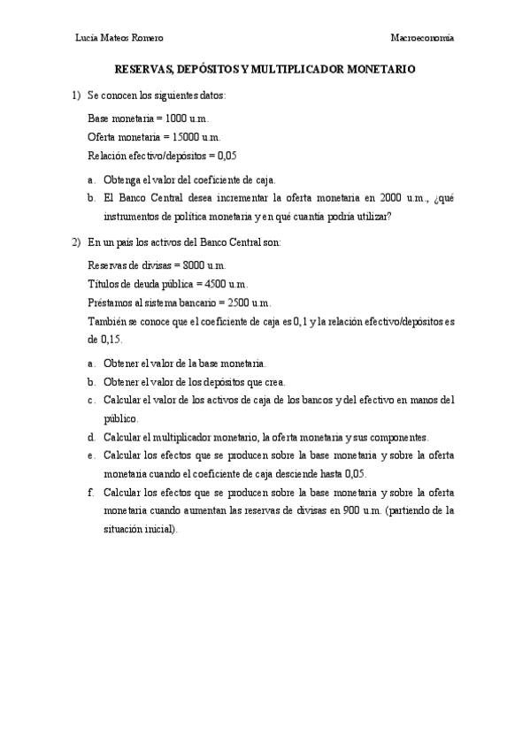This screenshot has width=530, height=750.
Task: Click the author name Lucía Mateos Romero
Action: click(x=120, y=37)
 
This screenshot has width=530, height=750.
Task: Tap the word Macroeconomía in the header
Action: click(x=423, y=37)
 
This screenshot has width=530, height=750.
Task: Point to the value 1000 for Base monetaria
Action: click(x=177, y=119)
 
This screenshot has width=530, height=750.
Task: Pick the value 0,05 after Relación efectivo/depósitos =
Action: click(x=227, y=156)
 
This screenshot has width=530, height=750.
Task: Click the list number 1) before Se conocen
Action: click(x=75, y=95)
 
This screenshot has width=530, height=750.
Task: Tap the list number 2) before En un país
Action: click(x=75, y=241)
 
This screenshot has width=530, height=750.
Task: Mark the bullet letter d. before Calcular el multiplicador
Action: click(x=92, y=437)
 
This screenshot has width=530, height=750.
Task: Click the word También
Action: click(x=108, y=321)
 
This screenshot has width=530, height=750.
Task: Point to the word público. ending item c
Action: click(x=121, y=418)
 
